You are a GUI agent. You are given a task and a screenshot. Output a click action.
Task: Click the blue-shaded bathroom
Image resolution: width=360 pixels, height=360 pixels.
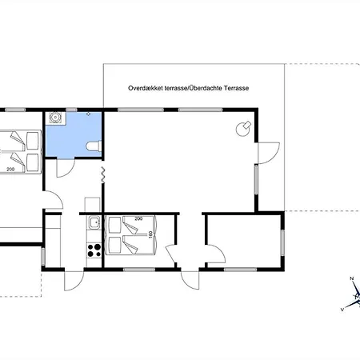74,134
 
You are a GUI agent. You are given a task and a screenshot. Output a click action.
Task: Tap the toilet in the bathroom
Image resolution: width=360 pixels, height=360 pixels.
94,146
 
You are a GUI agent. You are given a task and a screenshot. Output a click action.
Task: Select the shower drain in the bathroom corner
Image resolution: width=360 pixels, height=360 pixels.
55,118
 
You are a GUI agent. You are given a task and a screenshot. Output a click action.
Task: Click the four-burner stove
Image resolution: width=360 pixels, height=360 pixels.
94,250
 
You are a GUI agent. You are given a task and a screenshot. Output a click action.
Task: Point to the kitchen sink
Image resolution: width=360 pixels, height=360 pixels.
94,222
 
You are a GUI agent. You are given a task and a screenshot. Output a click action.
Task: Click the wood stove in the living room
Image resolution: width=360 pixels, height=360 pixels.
243,129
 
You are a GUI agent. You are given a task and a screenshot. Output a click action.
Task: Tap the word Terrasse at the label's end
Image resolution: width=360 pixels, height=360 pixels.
236,88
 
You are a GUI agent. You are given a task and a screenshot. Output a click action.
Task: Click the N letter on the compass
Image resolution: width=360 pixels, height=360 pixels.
352,278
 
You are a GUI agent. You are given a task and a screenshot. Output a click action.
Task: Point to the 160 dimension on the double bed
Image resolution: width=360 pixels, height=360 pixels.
150,234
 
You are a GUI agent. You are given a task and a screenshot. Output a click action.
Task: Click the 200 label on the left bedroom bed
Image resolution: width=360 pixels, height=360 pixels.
10,169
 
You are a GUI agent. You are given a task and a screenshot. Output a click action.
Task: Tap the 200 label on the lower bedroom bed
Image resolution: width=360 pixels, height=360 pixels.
138,218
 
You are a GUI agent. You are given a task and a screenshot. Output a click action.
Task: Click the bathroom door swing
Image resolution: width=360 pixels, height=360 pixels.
66,168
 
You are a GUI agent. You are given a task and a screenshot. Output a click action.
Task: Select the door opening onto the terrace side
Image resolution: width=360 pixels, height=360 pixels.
269,153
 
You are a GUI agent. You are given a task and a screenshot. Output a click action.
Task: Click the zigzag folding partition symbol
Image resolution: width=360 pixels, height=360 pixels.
103,175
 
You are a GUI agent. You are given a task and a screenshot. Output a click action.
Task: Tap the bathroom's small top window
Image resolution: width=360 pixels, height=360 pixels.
71,110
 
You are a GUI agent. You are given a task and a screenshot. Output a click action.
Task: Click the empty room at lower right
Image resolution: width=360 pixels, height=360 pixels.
244,241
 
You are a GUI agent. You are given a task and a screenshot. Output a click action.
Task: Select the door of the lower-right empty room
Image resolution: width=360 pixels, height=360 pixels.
216,254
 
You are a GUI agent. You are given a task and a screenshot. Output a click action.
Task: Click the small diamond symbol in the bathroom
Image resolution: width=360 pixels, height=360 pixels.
89,114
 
